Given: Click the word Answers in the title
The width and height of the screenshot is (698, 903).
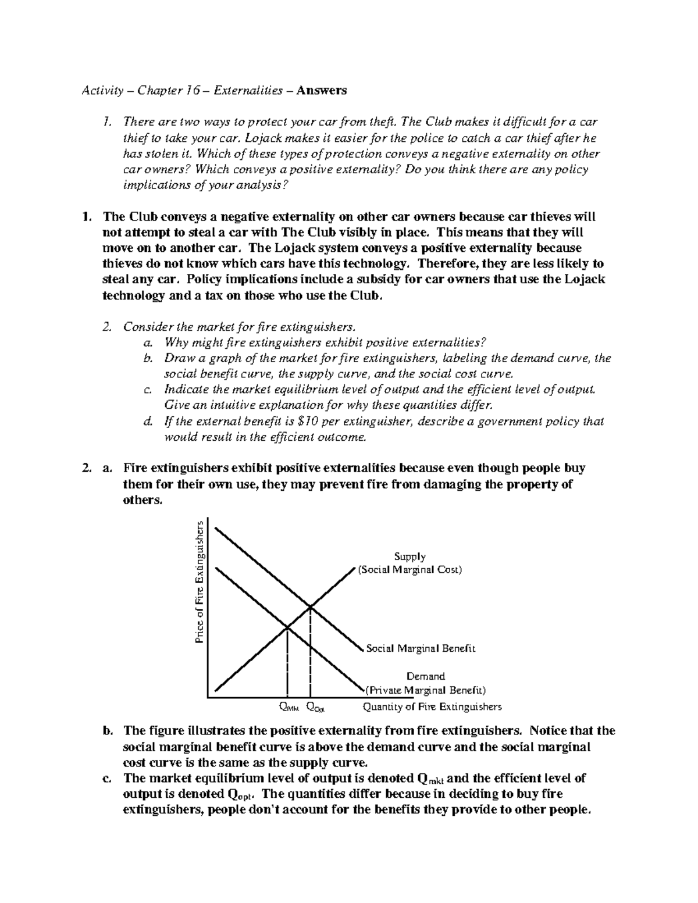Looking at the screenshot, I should pyautogui.click(x=322, y=90).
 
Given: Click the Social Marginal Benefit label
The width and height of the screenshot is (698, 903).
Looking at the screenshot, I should pyautogui.click(x=421, y=648).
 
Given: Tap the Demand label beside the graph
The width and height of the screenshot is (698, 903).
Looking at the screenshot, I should pyautogui.click(x=425, y=676).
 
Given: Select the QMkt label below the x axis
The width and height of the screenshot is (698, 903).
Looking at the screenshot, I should pyautogui.click(x=289, y=708).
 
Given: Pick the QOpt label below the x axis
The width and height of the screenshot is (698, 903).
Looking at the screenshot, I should pyautogui.click(x=315, y=708).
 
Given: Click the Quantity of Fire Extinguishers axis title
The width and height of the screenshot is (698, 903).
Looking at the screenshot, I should pyautogui.click(x=432, y=707).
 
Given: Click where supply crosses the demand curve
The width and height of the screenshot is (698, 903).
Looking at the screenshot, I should pyautogui.click(x=287, y=627).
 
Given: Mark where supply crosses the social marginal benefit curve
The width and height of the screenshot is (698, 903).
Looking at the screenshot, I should pyautogui.click(x=311, y=607).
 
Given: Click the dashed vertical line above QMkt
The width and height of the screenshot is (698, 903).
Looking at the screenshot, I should pyautogui.click(x=287, y=663).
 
